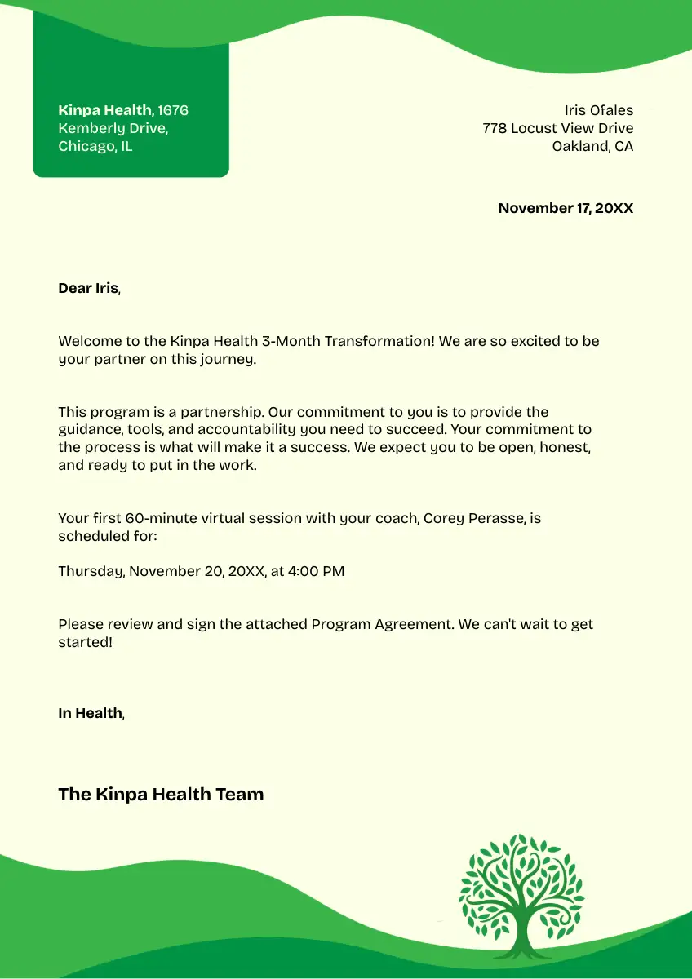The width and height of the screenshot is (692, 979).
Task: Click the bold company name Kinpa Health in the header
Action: pyautogui.click(x=104, y=110)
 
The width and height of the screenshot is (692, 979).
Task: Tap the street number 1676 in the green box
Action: pyautogui.click(x=173, y=110)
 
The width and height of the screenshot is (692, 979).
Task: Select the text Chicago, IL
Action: pyautogui.click(x=95, y=147)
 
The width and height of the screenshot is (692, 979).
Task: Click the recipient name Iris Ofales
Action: pyautogui.click(x=598, y=110)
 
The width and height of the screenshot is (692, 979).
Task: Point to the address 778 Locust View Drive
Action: pyautogui.click(x=557, y=128)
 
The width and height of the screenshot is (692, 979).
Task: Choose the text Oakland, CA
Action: pyautogui.click(x=592, y=147)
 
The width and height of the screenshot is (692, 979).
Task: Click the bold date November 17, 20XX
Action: pyautogui.click(x=566, y=208)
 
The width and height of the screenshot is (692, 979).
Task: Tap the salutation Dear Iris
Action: pyautogui.click(x=88, y=288)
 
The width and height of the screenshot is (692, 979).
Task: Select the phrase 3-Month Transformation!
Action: pyautogui.click(x=379, y=341)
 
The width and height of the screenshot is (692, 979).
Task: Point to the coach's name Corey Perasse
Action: pyautogui.click(x=474, y=518)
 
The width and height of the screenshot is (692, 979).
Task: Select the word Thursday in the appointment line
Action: pyautogui.click(x=91, y=571)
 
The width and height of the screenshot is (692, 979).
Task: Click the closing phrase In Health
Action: pyautogui.click(x=90, y=713)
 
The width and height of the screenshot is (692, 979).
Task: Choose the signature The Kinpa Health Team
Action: pyautogui.click(x=161, y=794)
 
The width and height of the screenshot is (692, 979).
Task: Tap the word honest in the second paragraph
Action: pyautogui.click(x=565, y=448)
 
